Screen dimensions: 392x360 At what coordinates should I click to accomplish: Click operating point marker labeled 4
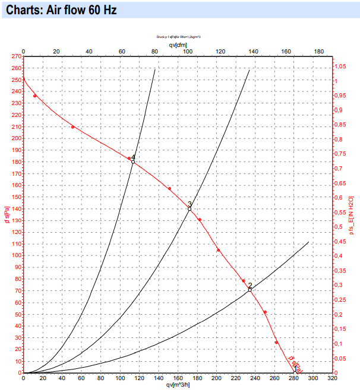(133, 162)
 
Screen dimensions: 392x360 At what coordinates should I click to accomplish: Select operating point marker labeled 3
(190, 209)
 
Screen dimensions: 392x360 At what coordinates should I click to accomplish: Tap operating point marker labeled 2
(250, 289)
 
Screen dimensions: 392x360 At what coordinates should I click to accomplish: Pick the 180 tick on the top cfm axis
(318, 52)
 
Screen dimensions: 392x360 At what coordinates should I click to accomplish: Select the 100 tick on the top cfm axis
(188, 52)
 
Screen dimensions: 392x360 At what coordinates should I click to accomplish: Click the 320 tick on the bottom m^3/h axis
(332, 378)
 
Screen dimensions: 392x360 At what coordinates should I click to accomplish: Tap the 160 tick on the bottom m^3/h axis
(178, 378)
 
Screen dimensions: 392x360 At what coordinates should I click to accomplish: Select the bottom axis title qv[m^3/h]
(178, 384)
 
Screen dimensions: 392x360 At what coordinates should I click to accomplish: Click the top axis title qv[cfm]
(178, 45)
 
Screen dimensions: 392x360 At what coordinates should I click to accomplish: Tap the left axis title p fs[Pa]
(7, 214)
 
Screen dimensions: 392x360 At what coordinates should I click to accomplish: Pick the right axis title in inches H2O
(351, 214)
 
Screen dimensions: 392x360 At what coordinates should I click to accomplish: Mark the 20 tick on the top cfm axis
(56, 52)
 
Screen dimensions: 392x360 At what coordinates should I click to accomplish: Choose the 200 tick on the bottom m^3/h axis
(216, 378)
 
